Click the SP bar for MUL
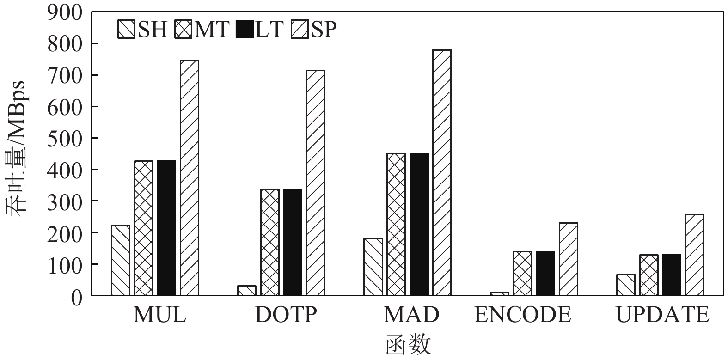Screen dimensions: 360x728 [x=190, y=177]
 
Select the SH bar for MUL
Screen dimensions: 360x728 [x=121, y=260]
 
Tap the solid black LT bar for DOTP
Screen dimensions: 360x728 [x=293, y=242]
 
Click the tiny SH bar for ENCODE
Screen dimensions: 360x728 [x=500, y=293]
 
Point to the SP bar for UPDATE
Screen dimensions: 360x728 [x=694, y=255]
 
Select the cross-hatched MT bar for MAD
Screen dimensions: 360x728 [x=396, y=224]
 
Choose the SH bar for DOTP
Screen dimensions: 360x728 [x=247, y=290]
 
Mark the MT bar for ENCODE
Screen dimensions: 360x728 [x=522, y=273]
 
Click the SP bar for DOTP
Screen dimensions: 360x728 [x=315, y=183]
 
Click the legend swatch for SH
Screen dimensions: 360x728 [x=126, y=30]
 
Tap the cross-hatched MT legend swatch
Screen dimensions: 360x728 [x=184, y=30]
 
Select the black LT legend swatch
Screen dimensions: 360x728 [x=245, y=30]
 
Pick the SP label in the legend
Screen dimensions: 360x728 [x=324, y=30]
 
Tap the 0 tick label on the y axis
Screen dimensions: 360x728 [x=76, y=296]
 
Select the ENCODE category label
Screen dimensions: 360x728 [x=522, y=315]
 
